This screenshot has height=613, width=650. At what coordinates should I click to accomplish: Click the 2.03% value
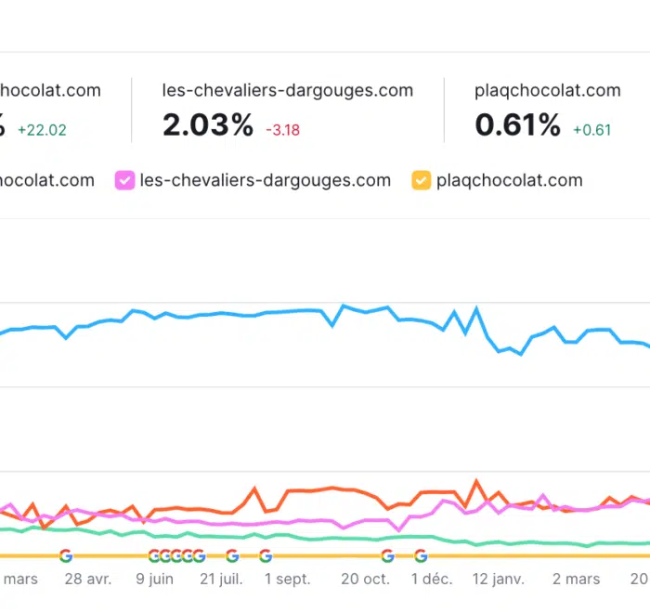point(208,125)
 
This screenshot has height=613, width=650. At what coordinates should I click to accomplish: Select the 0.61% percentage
point(518,125)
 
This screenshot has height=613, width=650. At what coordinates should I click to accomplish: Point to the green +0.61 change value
point(592,129)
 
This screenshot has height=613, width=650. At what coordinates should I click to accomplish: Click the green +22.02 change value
point(42,129)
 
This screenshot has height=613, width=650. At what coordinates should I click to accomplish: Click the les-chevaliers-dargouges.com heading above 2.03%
point(287,91)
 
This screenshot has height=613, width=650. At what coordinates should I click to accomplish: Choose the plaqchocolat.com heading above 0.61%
point(548,91)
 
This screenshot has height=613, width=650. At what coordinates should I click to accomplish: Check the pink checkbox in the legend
point(124,180)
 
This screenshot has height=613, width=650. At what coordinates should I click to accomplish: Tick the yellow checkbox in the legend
point(422,180)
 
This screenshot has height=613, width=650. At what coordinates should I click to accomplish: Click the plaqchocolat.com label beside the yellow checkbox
point(510,180)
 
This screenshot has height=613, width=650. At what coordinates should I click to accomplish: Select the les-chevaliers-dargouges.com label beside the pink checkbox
point(266,180)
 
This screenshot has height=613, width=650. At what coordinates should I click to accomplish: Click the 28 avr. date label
point(88,579)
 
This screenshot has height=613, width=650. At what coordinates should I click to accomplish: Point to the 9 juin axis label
point(155,579)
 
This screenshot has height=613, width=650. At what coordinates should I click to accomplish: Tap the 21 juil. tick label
point(221,579)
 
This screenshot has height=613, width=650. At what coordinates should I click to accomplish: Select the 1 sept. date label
point(288,579)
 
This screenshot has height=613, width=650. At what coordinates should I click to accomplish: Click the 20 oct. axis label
point(365,579)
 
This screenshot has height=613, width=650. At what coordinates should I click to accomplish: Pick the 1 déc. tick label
point(432,579)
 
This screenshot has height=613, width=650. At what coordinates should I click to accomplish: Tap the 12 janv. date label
point(500,579)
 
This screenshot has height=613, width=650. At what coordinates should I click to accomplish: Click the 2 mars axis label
point(576,579)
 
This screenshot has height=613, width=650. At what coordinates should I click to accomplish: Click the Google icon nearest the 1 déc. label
point(421,556)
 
